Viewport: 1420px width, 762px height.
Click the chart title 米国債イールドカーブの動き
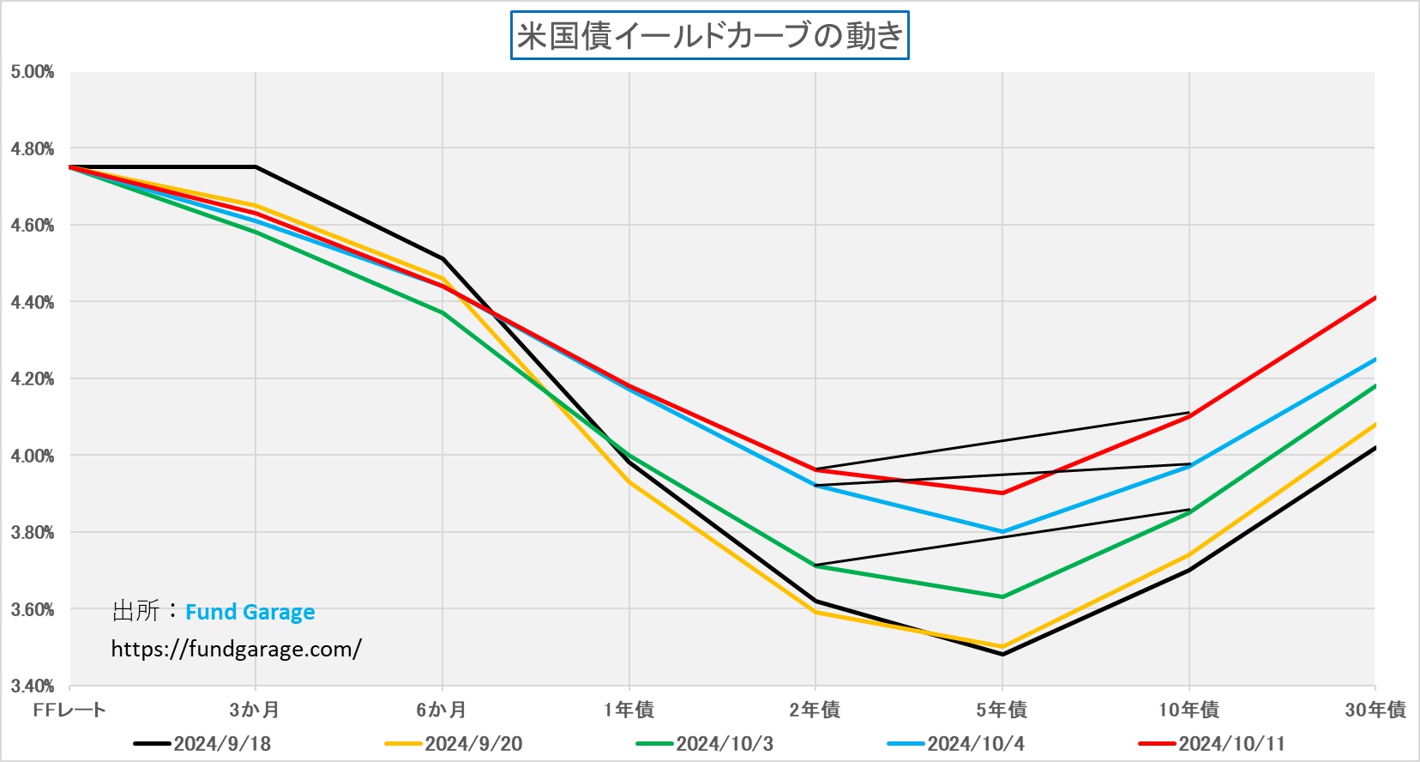tap(710, 36)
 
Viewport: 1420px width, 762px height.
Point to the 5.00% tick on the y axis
tap(33, 72)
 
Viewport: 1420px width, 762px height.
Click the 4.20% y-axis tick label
tap(33, 379)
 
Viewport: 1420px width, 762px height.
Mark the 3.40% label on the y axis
tap(33, 686)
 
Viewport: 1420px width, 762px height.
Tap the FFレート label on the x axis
tap(69, 710)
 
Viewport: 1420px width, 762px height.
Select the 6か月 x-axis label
tap(442, 710)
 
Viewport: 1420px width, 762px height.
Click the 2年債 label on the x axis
tap(815, 710)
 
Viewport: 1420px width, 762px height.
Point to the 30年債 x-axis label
tap(1375, 710)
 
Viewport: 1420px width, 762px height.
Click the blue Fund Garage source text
tap(250, 612)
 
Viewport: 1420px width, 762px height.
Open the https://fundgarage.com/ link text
tap(236, 649)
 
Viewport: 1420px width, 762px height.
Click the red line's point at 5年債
tap(1002, 493)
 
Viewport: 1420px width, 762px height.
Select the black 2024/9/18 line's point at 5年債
tap(1002, 655)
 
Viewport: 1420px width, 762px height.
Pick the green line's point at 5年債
tap(1002, 597)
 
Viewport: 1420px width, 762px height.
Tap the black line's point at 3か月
tap(256, 166)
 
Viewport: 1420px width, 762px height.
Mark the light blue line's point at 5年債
tap(1002, 532)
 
